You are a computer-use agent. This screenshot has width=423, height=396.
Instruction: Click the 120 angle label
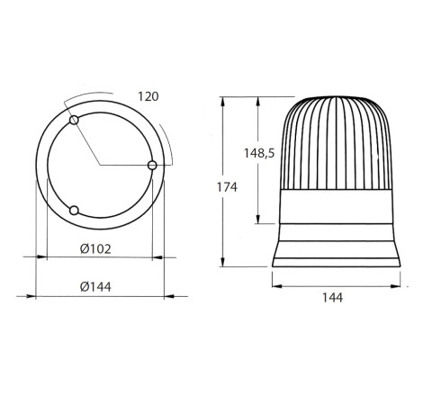[x=148, y=96]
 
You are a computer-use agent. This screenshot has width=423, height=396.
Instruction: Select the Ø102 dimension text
[x=95, y=248]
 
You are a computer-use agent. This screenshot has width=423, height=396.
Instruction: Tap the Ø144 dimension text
[x=95, y=287]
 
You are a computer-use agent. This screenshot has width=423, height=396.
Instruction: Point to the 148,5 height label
[x=259, y=153]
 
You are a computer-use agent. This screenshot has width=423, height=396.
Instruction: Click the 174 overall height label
[x=227, y=187]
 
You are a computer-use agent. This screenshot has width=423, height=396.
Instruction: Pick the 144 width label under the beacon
[x=332, y=298]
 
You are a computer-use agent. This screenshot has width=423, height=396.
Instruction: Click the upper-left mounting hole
[x=74, y=120]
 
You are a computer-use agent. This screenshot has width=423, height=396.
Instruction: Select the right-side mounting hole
[x=152, y=165]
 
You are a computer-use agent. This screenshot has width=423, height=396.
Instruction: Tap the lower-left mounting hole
[x=74, y=211]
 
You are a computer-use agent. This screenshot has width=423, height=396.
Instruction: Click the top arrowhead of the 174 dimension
[x=222, y=102]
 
